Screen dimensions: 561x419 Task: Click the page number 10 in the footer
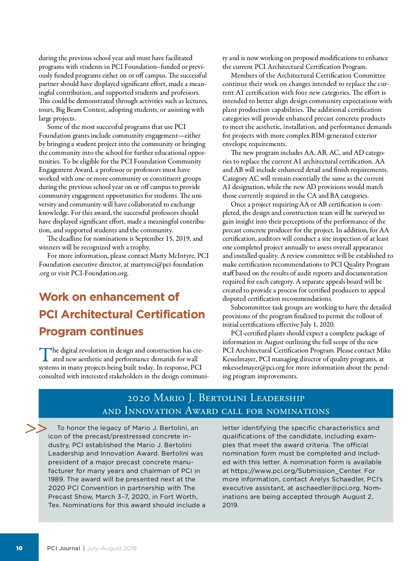click(19, 548)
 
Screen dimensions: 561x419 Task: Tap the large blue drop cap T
click(45, 354)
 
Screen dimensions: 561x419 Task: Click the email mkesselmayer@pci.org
click(253, 367)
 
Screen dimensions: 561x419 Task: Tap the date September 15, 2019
click(163, 239)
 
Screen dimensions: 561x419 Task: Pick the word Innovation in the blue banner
click(153, 411)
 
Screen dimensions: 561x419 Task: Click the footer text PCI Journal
click(64, 548)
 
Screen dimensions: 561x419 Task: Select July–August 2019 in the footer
click(112, 548)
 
